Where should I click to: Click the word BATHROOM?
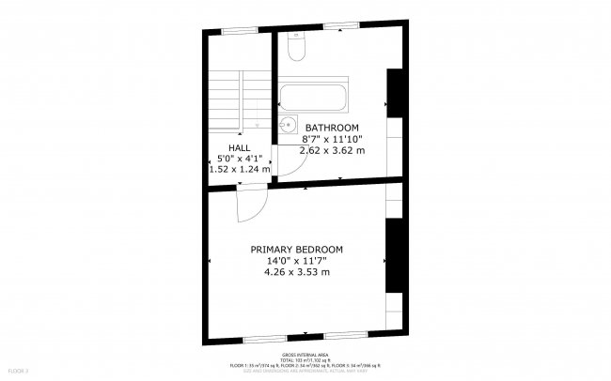[332, 128]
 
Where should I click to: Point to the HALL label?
[239, 148]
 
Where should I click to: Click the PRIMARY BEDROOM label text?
[296, 250]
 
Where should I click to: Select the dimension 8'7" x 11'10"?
[332, 138]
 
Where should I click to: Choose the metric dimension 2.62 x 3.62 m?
[332, 149]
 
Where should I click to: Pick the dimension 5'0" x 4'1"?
[239, 159]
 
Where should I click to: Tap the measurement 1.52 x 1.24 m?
[239, 170]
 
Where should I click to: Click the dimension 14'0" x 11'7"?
[296, 261]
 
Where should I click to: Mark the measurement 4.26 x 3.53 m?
[296, 272]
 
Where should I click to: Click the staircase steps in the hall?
[227, 98]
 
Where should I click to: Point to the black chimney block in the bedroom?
[396, 255]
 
